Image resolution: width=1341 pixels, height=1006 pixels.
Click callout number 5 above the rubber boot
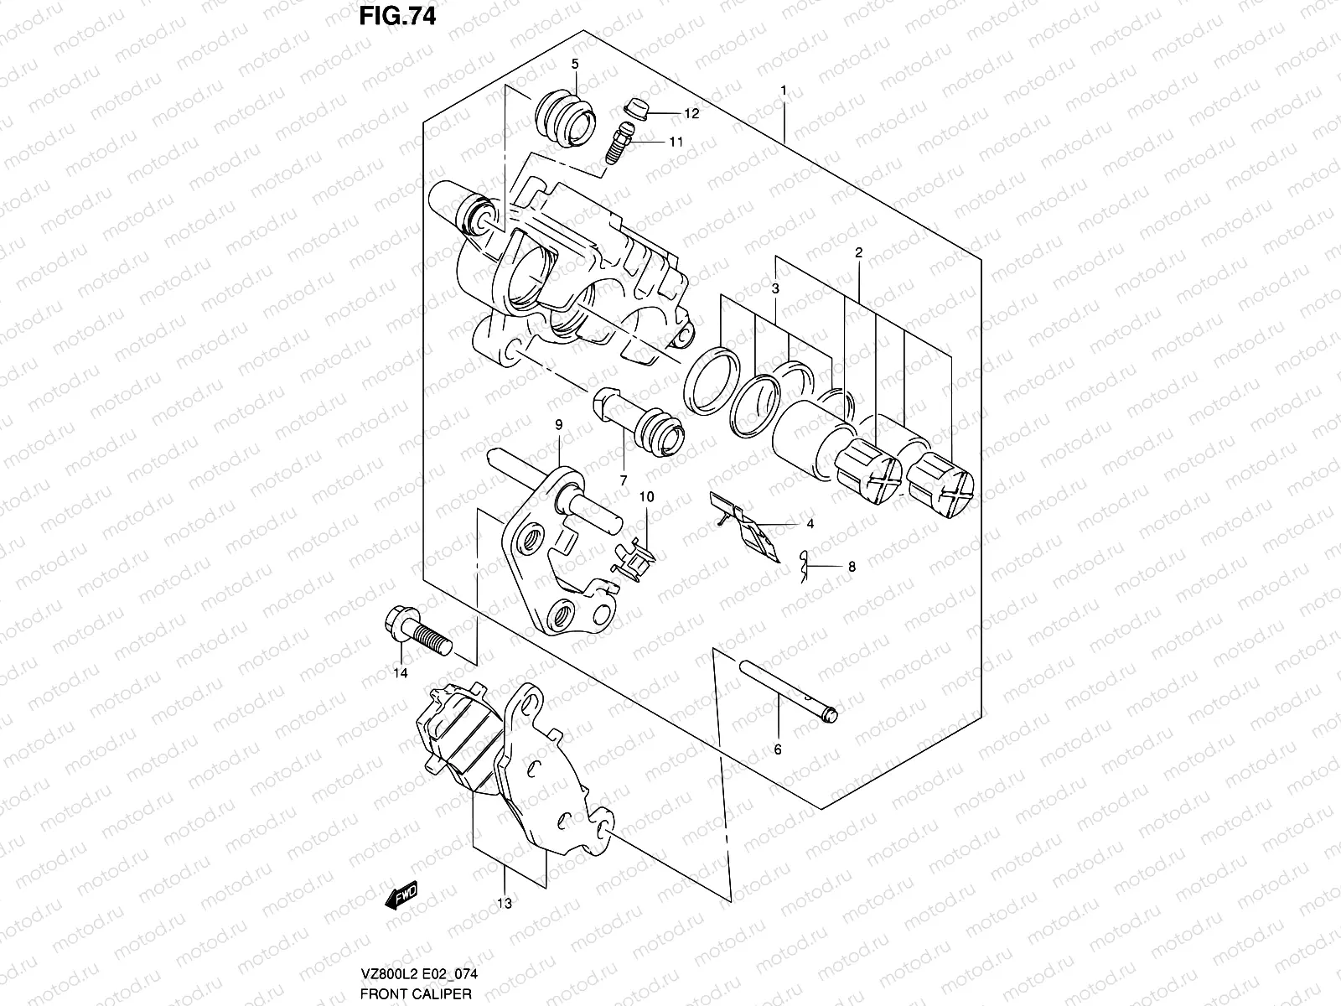coord(575,64)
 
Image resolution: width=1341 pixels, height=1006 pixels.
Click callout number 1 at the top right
coord(783,90)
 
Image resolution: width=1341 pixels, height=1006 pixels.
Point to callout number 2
coord(859,252)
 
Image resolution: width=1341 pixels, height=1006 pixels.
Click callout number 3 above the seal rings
coord(776,288)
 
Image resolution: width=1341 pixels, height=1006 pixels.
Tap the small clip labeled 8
coord(805,566)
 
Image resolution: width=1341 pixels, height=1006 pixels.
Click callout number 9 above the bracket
coord(557,425)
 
